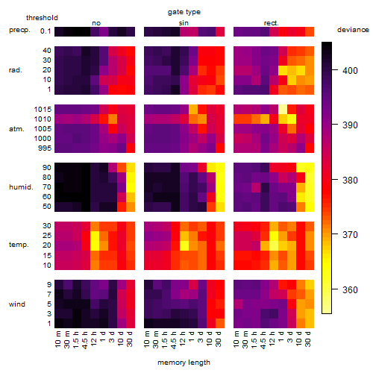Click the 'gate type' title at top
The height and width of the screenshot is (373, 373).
point(184,12)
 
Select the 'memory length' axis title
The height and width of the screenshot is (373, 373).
point(184,363)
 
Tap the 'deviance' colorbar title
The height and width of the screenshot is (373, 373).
point(353,30)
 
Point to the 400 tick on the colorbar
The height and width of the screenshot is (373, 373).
point(335,70)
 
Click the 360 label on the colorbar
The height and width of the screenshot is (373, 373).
point(350,289)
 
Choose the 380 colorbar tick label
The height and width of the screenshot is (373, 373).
point(350,180)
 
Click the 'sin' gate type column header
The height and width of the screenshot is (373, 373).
point(184,23)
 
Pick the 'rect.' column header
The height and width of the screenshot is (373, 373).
point(271,23)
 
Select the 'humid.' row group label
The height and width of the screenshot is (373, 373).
point(21,187)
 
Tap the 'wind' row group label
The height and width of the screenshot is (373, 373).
point(17,304)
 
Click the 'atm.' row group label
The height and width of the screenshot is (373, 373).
point(16,129)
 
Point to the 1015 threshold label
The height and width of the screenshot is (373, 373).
point(43,109)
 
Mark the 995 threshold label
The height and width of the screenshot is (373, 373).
point(45,148)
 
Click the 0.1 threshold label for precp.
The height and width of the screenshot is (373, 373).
point(46,31)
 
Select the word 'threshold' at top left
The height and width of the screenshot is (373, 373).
point(42,18)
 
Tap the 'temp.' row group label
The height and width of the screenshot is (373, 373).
point(19,245)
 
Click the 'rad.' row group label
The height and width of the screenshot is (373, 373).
point(16,70)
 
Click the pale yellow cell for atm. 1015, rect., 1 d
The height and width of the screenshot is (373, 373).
point(283,110)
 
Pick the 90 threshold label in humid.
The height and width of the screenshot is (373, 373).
point(47,168)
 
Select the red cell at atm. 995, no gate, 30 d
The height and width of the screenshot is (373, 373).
point(131,148)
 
